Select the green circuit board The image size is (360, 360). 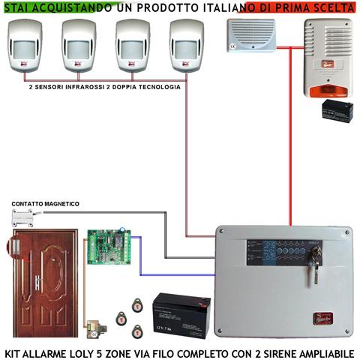point(107,248)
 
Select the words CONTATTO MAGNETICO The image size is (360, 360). point(45,204)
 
